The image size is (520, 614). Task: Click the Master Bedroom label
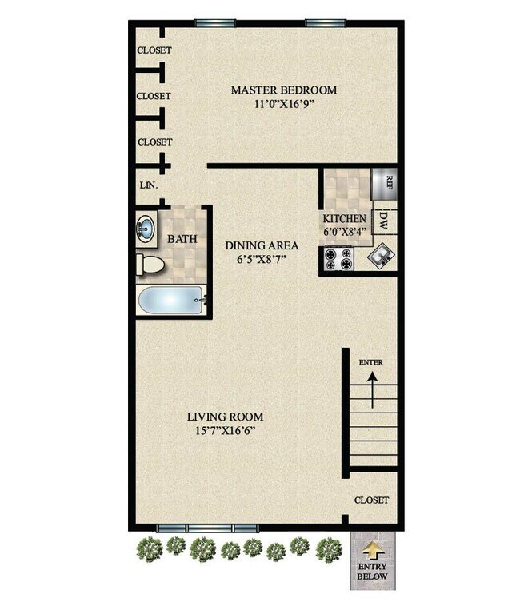point(283,90)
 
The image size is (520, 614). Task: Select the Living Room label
point(225,417)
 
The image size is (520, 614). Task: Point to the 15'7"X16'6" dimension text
point(225,431)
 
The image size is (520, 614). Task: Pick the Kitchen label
point(344,219)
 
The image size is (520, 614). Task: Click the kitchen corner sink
point(379,257)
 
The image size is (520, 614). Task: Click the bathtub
point(170,301)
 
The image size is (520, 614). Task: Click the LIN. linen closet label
point(149,185)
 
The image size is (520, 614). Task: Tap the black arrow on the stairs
point(370,391)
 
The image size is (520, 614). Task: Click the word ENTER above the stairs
point(370,362)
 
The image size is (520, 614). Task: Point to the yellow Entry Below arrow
point(372,552)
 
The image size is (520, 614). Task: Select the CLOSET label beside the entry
point(372,500)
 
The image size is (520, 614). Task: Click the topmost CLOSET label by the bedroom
point(154,50)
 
